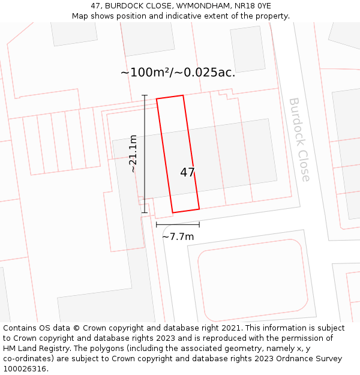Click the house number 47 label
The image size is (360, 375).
[187, 172]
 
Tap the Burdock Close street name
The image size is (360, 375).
[299, 139]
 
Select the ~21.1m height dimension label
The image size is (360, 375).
[133, 154]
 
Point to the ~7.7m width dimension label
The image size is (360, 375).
[178, 236]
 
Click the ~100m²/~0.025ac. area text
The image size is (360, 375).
[178, 73]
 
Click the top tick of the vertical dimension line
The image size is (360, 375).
[144, 95]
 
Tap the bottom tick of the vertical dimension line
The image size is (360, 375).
[144, 212]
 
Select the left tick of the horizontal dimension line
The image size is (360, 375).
[157, 225]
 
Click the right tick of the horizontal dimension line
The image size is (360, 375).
[199, 225]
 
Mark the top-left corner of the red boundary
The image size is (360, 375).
[157, 99]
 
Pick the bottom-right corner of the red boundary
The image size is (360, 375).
[199, 209]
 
